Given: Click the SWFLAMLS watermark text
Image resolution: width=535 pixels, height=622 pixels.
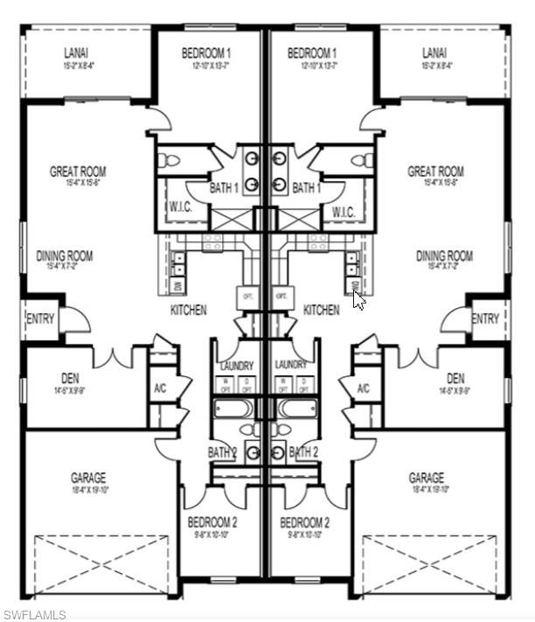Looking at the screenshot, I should point(34,614).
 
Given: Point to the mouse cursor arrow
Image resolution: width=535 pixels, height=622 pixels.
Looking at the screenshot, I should point(358,299).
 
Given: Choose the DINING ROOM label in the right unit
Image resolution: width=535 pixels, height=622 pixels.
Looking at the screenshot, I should point(444,256).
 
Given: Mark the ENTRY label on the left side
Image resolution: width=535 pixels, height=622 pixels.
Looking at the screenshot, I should point(40,319).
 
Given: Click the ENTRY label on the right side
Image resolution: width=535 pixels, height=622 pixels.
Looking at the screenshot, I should point(484,319).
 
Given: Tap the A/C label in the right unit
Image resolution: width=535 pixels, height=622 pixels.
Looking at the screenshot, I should point(364,388).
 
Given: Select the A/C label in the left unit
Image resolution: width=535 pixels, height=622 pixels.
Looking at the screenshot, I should point(160,388).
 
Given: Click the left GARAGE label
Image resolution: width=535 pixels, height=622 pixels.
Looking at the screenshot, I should point(88,478).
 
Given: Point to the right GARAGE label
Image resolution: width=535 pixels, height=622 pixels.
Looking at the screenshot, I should point(426,478).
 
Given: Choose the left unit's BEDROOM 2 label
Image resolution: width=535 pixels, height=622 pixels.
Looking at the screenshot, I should point(212,522).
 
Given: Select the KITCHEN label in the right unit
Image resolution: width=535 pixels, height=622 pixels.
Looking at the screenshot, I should point(321,310).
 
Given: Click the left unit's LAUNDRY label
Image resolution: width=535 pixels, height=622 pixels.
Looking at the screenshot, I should point(236,365).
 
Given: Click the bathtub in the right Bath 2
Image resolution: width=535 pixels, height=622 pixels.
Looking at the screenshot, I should point(298,409).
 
